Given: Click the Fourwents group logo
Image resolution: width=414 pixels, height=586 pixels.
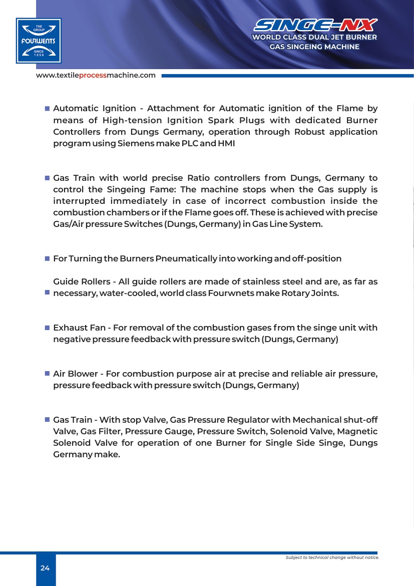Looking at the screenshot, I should click(39, 41).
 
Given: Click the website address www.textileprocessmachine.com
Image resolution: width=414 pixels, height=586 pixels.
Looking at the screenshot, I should click(96, 75).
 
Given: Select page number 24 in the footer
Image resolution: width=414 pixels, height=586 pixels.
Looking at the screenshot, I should click(45, 568).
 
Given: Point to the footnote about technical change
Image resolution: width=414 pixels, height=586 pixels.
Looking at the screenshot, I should click(332, 557).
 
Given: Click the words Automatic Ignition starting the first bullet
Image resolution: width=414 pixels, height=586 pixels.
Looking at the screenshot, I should click(95, 109).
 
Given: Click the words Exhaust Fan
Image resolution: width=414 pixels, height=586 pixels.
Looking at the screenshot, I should click(79, 328).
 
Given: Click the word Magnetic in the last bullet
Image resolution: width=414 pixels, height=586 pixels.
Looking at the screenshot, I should click(357, 432).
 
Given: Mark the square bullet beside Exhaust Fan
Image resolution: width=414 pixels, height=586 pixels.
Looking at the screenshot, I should click(47, 328).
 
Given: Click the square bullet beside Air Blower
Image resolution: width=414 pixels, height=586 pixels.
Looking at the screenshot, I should click(47, 374).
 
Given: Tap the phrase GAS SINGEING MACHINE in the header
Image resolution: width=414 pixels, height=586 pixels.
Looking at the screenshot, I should click(314, 47).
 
